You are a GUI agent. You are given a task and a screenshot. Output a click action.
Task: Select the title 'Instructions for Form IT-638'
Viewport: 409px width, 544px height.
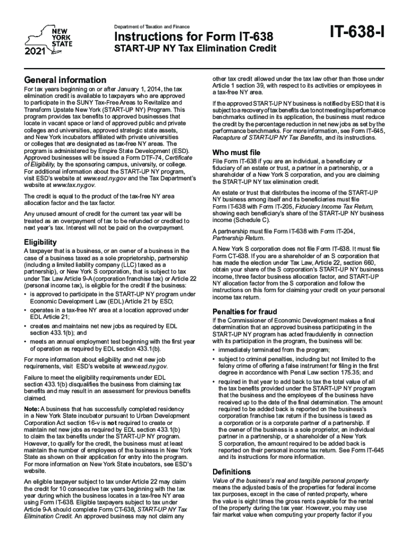pos(194,37)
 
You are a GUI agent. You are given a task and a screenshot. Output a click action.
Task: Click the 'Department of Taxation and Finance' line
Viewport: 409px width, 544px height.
pos(151,27)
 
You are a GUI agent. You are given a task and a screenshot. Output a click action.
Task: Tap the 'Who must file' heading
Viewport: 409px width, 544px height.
pos(236,152)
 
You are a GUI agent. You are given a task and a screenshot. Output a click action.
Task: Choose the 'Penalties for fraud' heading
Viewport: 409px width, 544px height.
pos(245,311)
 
